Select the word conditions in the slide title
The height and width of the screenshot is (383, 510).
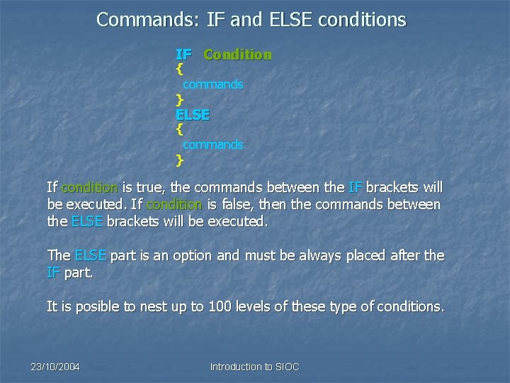point(363,19)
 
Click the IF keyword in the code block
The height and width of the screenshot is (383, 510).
point(184,55)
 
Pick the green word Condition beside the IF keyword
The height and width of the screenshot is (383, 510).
point(237,55)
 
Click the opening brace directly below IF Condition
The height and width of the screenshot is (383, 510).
point(180,70)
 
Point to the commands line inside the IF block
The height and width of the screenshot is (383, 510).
point(212,84)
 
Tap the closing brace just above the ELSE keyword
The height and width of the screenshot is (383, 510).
point(180,99)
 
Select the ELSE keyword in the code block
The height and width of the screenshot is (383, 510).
point(193,114)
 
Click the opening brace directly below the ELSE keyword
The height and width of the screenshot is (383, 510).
point(180,130)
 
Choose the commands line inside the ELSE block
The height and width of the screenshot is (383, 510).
point(212,145)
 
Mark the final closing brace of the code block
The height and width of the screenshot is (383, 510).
point(180,160)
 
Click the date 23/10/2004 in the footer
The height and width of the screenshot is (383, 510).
point(55,367)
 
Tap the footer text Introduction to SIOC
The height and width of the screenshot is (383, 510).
point(255,367)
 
